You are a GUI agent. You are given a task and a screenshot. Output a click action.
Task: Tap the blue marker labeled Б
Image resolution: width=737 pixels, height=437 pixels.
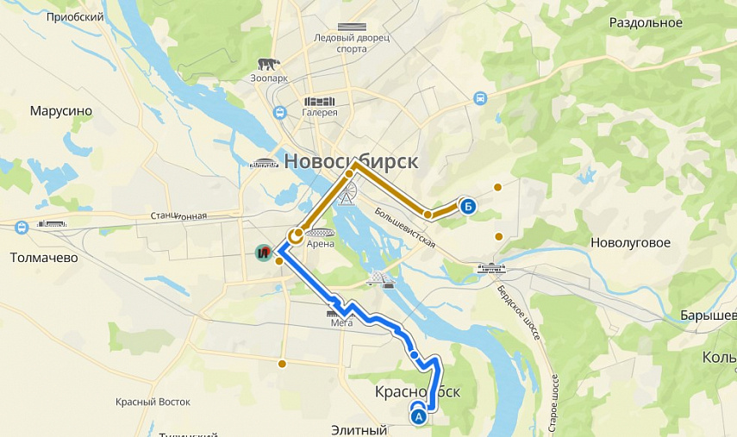click(x=467, y=206)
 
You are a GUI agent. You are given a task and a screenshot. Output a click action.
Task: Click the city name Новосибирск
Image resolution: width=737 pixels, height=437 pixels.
click(x=351, y=161)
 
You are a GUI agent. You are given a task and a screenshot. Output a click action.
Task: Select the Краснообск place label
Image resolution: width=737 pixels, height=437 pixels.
click(x=417, y=392)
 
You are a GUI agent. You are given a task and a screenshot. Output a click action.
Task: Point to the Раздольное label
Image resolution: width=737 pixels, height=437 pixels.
click(x=646, y=23)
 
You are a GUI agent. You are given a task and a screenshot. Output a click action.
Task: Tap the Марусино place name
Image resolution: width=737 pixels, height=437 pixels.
click(x=60, y=111)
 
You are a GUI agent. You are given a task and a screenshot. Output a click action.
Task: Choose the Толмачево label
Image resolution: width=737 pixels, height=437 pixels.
click(x=44, y=258)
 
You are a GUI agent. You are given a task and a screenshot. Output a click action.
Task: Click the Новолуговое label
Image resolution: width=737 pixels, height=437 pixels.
click(x=630, y=243)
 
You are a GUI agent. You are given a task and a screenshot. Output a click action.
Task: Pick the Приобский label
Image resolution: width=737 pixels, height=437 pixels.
click(x=75, y=17)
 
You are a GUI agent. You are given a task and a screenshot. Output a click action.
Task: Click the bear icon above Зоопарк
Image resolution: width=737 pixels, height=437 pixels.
click(x=268, y=64)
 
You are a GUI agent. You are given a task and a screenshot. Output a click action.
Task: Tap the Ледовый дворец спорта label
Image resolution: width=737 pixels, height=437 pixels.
click(x=352, y=43)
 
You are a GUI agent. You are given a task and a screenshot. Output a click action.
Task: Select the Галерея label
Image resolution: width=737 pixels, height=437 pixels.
click(x=320, y=112)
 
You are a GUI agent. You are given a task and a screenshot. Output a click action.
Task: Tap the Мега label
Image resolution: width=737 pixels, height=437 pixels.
click(x=341, y=323)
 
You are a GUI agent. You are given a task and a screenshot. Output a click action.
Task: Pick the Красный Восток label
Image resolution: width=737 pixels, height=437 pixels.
click(x=153, y=402)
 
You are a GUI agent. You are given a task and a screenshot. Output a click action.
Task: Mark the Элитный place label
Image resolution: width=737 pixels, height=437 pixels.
click(x=359, y=429)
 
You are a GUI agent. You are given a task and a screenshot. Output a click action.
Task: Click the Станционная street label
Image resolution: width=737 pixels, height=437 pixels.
click(x=178, y=215)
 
